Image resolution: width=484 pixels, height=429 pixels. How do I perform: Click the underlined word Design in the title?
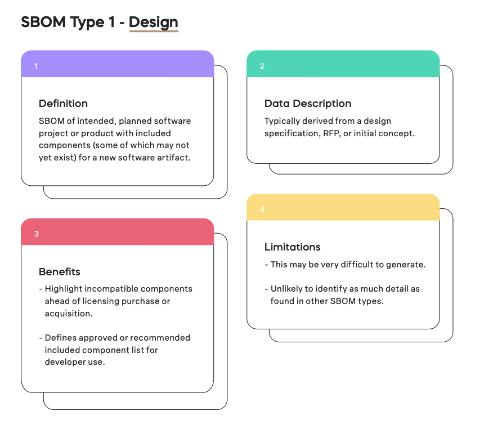[154, 22]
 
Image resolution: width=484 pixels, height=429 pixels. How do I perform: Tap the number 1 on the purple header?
[36, 66]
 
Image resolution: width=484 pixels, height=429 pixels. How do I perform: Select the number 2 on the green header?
[262, 66]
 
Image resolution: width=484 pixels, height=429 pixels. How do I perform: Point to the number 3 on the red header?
[37, 234]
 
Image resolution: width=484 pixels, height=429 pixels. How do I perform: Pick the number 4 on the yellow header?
[262, 209]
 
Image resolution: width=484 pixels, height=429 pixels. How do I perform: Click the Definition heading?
[63, 104]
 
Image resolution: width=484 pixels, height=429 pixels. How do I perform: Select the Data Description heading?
[308, 104]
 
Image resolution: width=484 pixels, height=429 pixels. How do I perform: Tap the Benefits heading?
[60, 272]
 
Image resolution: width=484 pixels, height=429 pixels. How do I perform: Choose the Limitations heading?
[292, 247]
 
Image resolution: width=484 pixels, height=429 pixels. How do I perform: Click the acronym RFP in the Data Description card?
[331, 133]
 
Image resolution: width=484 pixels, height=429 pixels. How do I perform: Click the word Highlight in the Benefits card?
[63, 289]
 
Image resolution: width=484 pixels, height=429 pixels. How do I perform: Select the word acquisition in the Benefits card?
[69, 314]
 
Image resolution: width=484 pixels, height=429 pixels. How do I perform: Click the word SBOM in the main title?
[43, 22]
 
